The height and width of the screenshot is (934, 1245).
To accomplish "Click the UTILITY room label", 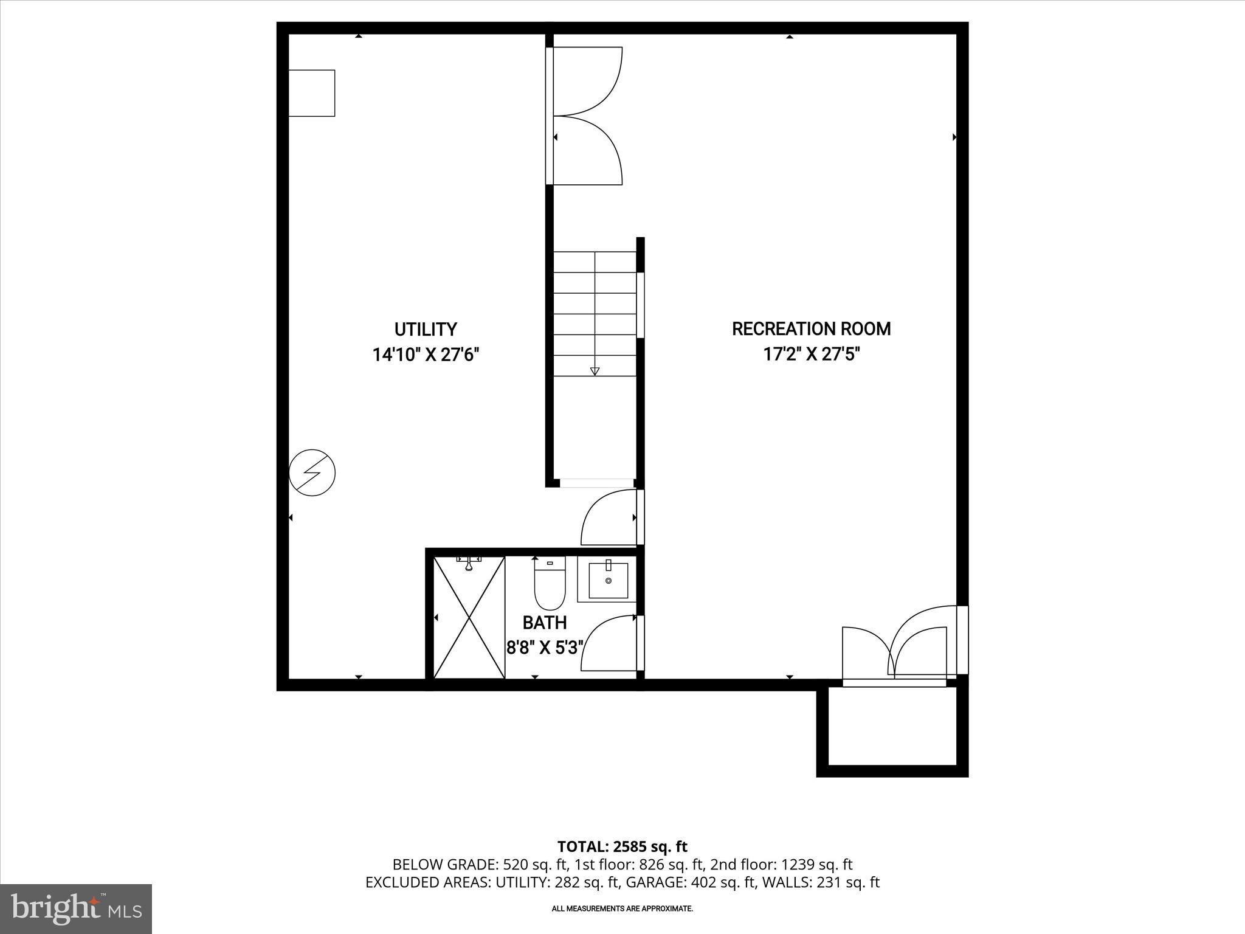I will coord(425,329).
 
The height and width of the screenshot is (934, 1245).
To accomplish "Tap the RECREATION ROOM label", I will coord(811,329).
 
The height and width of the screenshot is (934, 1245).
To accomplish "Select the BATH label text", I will coord(544,623).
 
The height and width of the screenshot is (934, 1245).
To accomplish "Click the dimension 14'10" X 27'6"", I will coord(426,355).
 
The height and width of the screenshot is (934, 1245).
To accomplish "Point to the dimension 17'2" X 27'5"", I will coord(811,355).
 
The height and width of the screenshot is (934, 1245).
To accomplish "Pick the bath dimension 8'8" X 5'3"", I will coord(545,648).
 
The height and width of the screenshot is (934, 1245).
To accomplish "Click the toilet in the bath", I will coord(550,584).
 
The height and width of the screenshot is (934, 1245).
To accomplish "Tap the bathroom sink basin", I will coord(608,581).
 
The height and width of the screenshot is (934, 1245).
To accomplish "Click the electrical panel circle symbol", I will coord(312,472).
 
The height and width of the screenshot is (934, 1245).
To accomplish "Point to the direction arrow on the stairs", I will coord(595,370).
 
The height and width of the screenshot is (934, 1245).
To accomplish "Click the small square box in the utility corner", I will coord(311,93).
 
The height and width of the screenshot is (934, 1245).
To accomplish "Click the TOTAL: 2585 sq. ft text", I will coord(622,846).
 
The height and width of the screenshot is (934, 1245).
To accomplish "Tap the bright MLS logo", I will coord(76,908).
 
